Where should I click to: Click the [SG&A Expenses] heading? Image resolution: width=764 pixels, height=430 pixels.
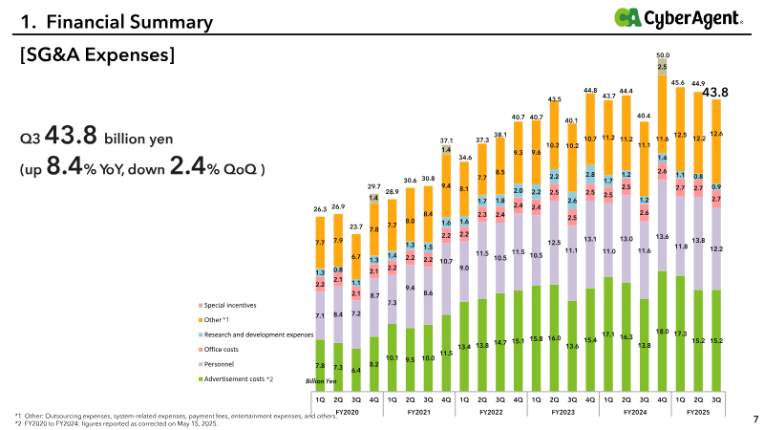pyautogui.click(x=96, y=56)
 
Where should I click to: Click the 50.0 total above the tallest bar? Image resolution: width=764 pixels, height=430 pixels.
pyautogui.click(x=662, y=55)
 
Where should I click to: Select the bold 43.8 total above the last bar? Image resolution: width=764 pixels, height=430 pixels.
pyautogui.click(x=715, y=92)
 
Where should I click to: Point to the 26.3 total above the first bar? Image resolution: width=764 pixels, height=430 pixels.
pyautogui.click(x=320, y=207)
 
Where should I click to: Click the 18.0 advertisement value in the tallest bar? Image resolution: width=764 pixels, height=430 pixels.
pyautogui.click(x=662, y=332)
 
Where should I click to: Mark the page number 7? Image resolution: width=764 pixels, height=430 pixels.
pyautogui.click(x=754, y=419)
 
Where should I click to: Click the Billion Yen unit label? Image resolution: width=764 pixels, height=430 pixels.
pyautogui.click(x=321, y=380)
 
